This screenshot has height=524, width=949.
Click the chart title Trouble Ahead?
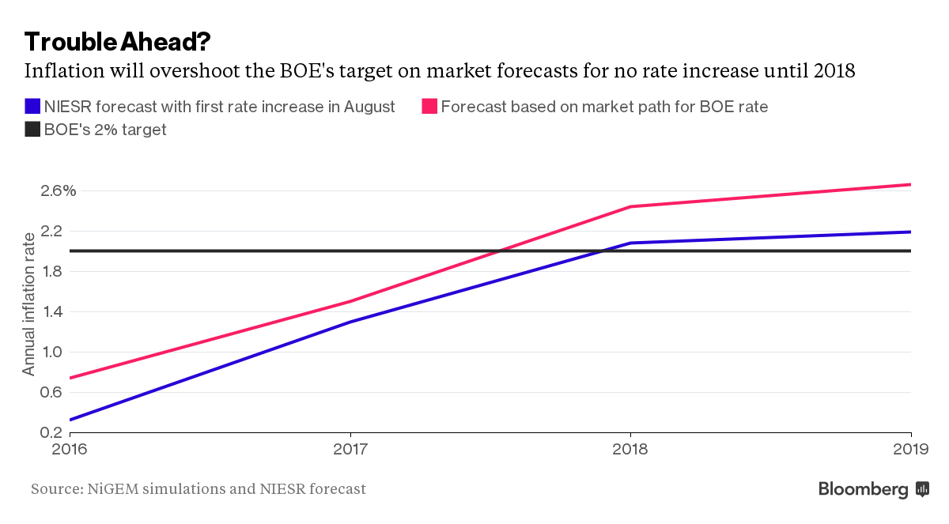[117, 41]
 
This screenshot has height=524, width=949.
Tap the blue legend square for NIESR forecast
[32, 106]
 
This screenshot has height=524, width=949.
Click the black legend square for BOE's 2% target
[32, 130]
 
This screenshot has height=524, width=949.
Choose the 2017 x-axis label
[350, 449]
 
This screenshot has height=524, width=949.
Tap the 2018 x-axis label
[630, 449]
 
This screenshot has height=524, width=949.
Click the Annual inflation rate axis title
[29, 304]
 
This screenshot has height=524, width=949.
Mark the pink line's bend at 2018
[630, 206]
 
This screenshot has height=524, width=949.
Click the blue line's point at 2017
[350, 322]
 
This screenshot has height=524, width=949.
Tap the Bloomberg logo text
[863, 490]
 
